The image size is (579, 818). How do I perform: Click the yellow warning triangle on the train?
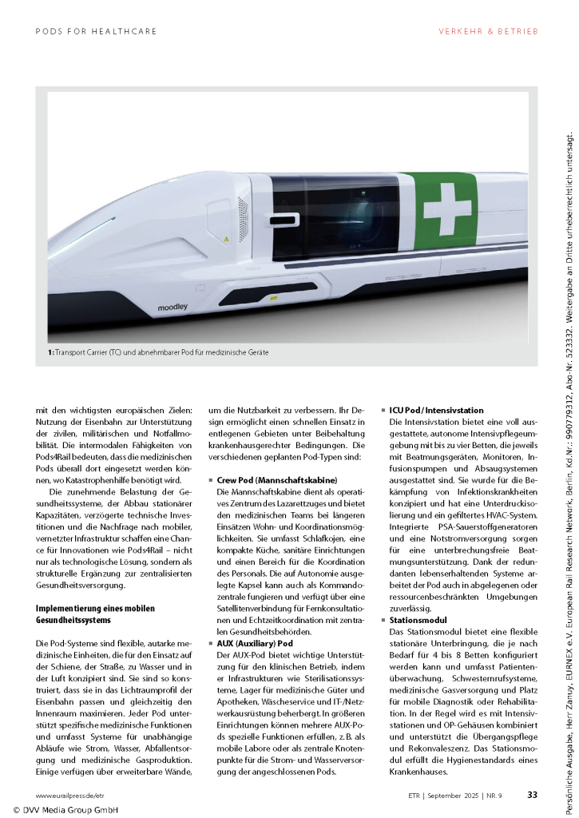[226, 239]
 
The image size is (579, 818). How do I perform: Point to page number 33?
[532, 795]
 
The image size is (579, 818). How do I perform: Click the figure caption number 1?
[50, 351]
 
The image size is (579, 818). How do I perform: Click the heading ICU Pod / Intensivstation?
[436, 410]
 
